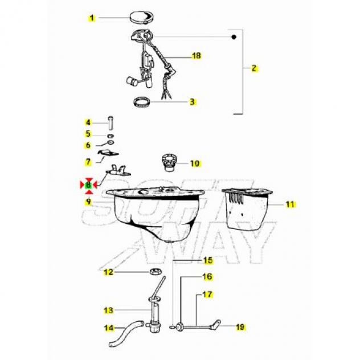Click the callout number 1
coord(92,18)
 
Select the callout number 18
coord(197,56)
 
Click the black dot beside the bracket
coord(234,37)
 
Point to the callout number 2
coord(253,68)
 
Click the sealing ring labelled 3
coord(142,102)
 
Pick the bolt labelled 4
coord(111,122)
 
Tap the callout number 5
coord(88,134)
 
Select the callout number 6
coord(88,145)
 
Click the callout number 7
coord(88,162)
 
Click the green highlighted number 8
coord(88,185)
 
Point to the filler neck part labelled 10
coord(169,163)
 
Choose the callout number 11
coord(290,204)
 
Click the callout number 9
coord(88,202)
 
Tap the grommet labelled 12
coord(156,271)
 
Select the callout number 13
coord(108,310)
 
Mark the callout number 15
coord(208,260)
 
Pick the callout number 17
coord(207,294)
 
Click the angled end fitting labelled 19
coord(216,324)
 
